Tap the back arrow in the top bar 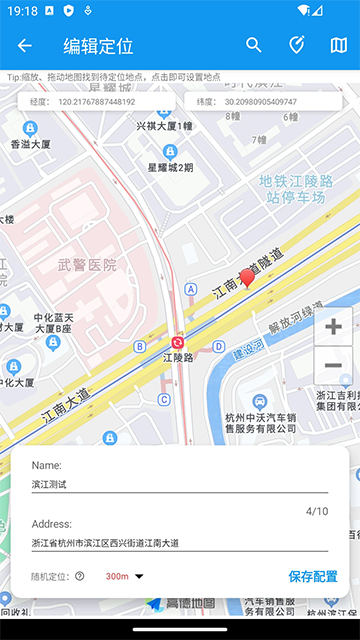pos(25,45)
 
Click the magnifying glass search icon pos(254,45)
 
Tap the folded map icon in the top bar pos(338,45)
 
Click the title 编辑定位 pos(98,45)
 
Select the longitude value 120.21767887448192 pos(96,101)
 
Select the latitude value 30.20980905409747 pos(260,101)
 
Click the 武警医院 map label pos(87,265)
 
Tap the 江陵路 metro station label pos(177,356)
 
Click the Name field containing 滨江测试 pos(180,484)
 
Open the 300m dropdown pos(125,576)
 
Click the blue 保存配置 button pos(313,576)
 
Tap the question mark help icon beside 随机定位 pos(80,576)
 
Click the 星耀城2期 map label pos(171,167)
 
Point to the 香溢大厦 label pos(30,143)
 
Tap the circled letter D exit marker pos(218,347)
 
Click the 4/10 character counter pos(316,511)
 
